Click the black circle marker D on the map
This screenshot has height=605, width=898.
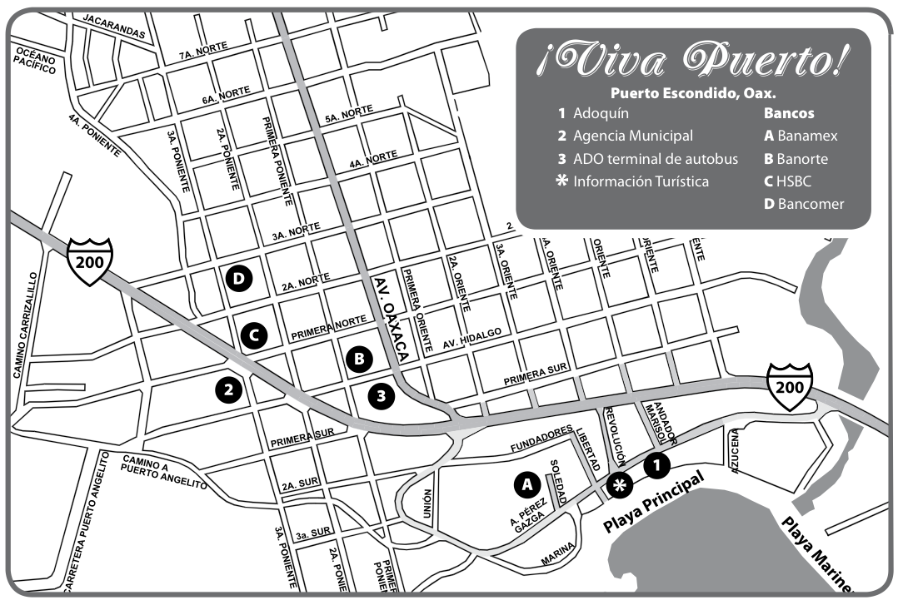click(x=239, y=280)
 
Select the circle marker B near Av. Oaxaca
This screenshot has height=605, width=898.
click(x=359, y=360)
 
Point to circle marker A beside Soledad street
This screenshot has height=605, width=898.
click(x=526, y=482)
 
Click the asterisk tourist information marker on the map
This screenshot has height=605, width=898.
click(x=619, y=485)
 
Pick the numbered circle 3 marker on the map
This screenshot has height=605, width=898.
click(x=382, y=396)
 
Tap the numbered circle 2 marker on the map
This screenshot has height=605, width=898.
click(x=228, y=387)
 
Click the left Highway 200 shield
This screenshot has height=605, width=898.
click(x=90, y=260)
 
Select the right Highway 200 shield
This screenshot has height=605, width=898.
click(x=790, y=386)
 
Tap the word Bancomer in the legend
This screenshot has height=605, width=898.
click(x=811, y=204)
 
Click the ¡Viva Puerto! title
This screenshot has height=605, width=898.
click(x=693, y=57)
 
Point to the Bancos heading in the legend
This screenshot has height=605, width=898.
click(x=789, y=113)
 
